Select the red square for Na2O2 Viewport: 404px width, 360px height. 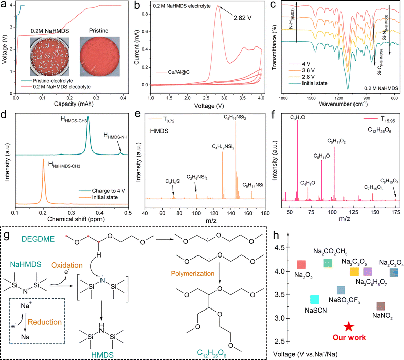[301, 264]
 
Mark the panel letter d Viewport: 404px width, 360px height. [4, 123]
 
